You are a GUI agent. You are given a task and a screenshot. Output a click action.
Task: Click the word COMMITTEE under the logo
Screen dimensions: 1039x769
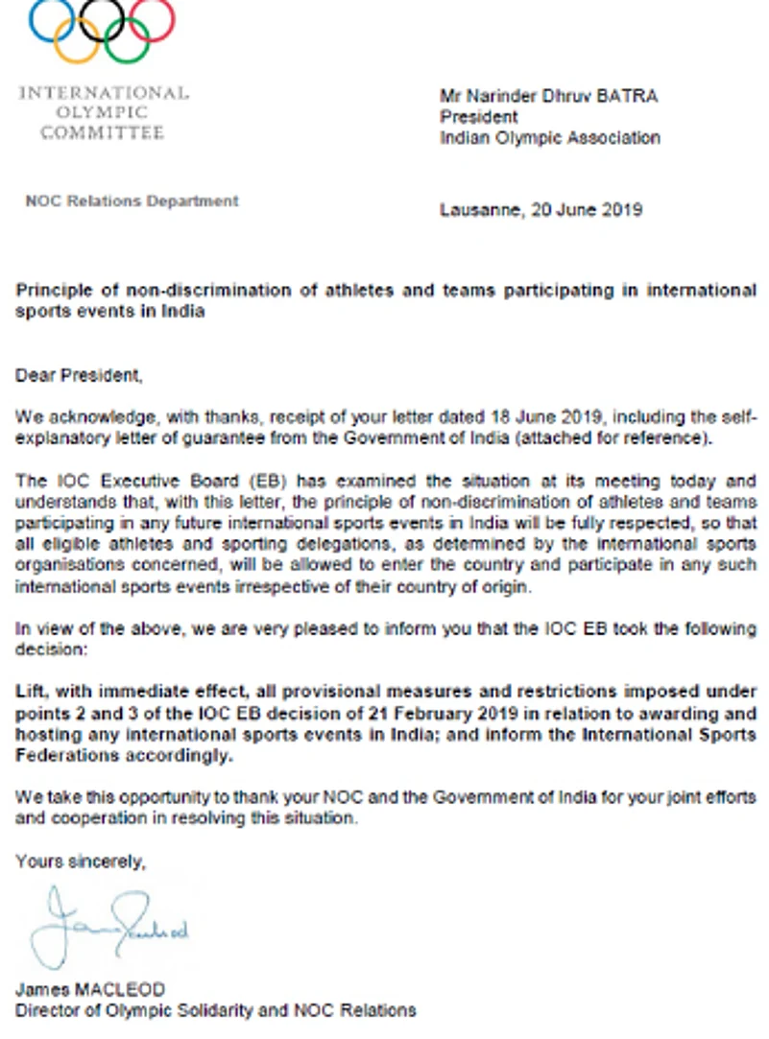pyautogui.click(x=103, y=133)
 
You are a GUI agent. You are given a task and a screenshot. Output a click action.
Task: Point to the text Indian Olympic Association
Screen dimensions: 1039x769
pyautogui.click(x=549, y=137)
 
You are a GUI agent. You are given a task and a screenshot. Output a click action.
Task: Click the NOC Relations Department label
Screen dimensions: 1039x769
pyautogui.click(x=132, y=201)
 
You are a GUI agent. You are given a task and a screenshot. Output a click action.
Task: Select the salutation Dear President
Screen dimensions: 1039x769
pyautogui.click(x=79, y=376)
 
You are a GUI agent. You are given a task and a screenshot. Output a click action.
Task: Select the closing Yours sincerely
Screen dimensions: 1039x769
pyautogui.click(x=81, y=862)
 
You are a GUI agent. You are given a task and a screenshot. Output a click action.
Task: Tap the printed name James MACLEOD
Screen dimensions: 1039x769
pyautogui.click(x=90, y=989)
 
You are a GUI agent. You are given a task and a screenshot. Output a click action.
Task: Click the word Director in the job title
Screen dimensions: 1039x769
pyautogui.click(x=46, y=1009)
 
